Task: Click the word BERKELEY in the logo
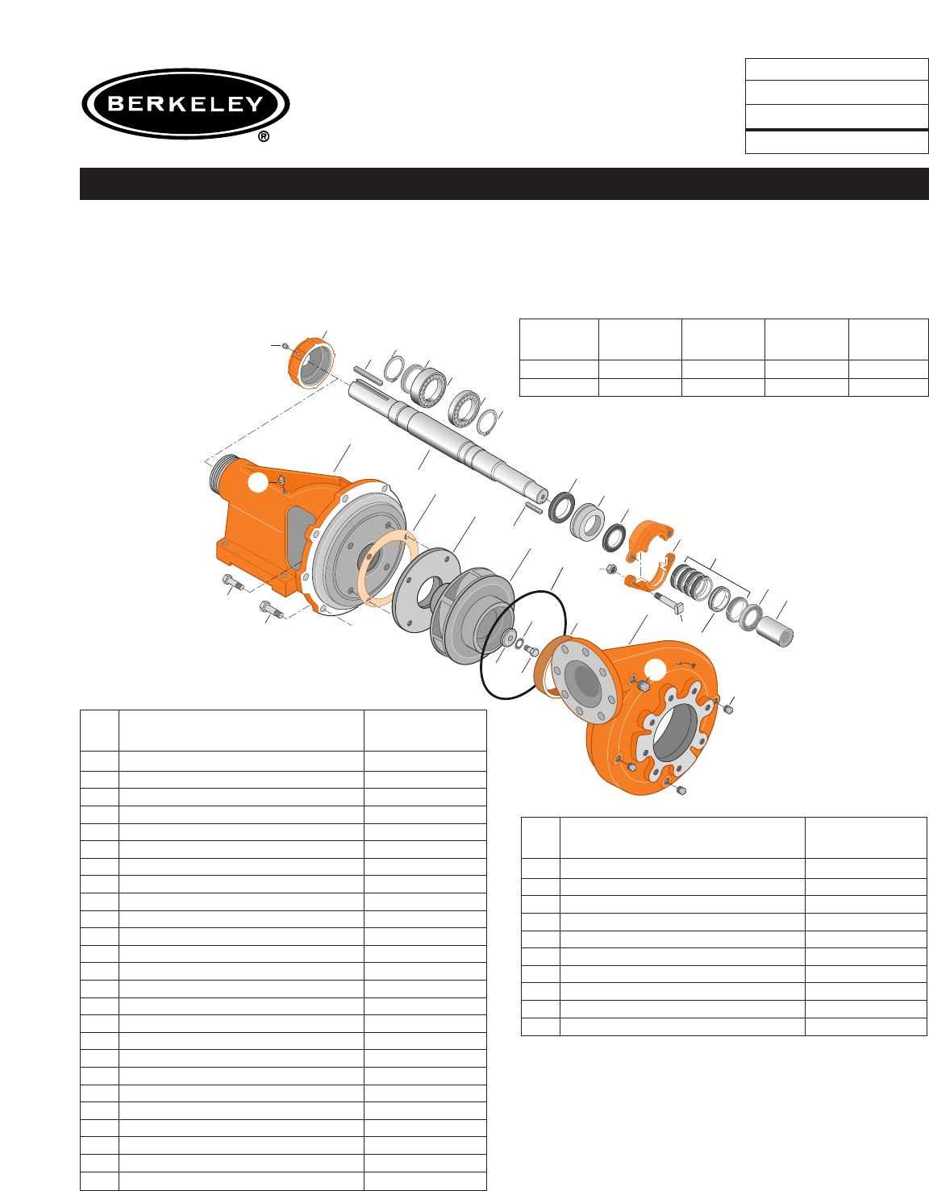(x=185, y=104)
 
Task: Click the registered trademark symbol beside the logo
(x=264, y=136)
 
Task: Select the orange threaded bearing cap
(x=310, y=364)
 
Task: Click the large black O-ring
(x=523, y=644)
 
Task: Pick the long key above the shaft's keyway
(x=368, y=375)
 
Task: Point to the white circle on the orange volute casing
(x=655, y=670)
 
